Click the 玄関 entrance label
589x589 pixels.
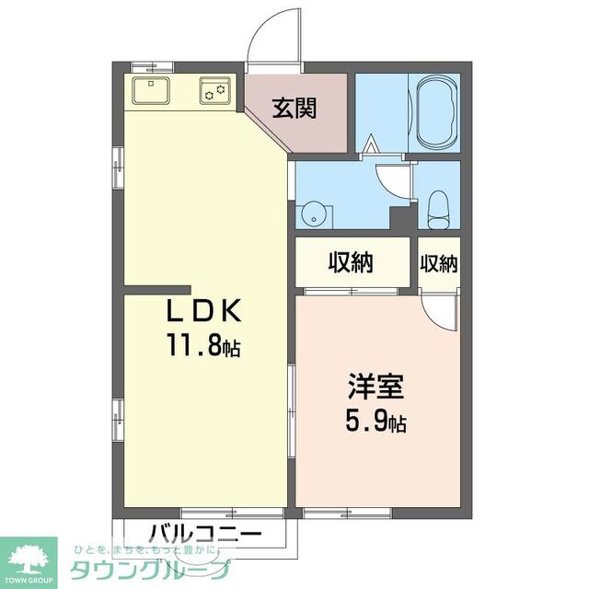(x=294, y=109)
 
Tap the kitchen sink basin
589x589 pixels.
(x=150, y=91)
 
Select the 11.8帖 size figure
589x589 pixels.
(x=203, y=346)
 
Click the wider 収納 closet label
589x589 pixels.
(x=351, y=263)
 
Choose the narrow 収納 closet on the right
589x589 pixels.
(x=439, y=263)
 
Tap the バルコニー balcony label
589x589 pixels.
(x=204, y=533)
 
